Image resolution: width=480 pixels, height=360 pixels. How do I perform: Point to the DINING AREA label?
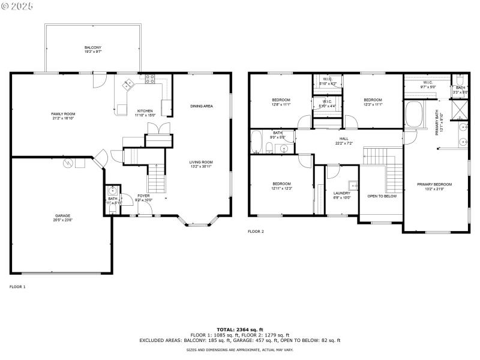(x=202, y=106)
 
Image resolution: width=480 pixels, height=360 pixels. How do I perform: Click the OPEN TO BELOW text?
(x=382, y=196)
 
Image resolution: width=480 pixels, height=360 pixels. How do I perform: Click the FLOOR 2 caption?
(x=256, y=231)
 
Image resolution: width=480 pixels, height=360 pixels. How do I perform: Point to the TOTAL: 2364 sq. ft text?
(x=240, y=329)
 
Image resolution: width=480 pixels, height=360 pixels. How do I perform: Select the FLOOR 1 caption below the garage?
(x=17, y=287)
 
